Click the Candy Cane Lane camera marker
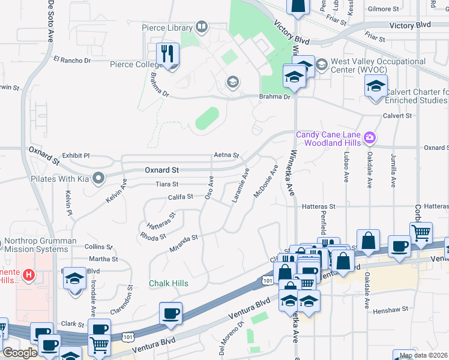(x=370, y=139)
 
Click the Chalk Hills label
(x=169, y=283)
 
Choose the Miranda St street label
(x=184, y=243)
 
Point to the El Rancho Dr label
(x=72, y=60)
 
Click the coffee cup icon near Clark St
(x=171, y=313)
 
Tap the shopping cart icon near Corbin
(x=421, y=232)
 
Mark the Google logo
(x=20, y=353)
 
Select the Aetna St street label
(x=226, y=155)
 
